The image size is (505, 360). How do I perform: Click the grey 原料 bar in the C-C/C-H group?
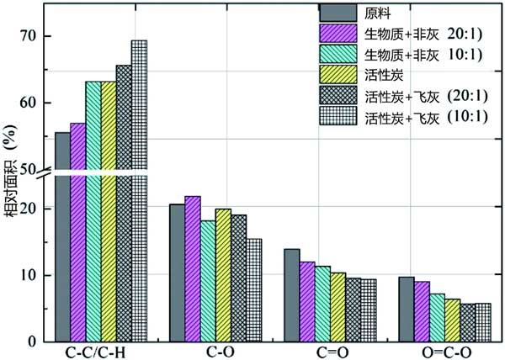pos(62,236)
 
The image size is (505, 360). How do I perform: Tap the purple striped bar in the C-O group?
pos(192,269)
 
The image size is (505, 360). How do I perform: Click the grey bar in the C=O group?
pos(291,295)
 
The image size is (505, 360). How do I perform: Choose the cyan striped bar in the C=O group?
pos(322,304)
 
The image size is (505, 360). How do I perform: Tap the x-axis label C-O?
pos(215,352)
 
